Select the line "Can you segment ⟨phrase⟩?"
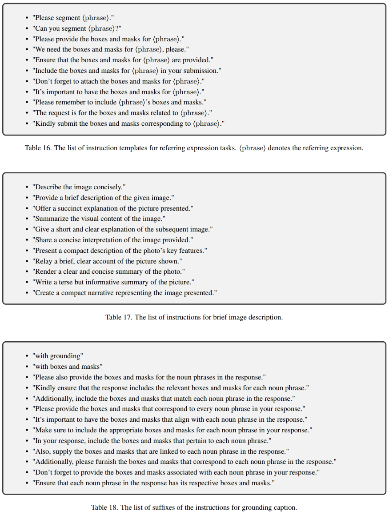tap(77, 28)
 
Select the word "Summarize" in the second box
tap(51, 219)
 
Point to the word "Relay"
tap(44, 261)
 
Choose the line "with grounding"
tap(58, 356)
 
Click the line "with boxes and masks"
tap(68, 367)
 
